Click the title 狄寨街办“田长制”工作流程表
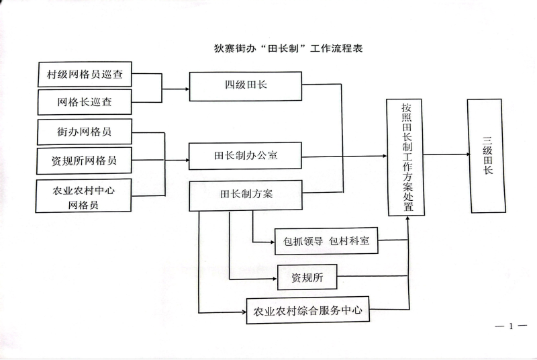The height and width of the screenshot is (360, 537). [287, 49]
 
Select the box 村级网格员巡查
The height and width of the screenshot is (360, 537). [84, 74]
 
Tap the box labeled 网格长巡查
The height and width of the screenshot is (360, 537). [84, 103]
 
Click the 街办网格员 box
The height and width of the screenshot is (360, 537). [84, 132]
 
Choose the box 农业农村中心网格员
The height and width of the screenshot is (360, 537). [84, 197]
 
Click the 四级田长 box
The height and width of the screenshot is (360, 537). [246, 85]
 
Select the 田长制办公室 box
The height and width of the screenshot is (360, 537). [246, 156]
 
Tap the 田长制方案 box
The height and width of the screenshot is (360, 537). [246, 195]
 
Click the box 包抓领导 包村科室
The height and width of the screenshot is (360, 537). [327, 242]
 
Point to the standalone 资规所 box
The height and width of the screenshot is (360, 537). [307, 276]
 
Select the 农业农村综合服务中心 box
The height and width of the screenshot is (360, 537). [308, 311]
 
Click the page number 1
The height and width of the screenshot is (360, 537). [511, 326]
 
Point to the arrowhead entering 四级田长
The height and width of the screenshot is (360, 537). [186, 88]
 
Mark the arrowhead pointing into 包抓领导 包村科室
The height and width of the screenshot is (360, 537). [272, 242]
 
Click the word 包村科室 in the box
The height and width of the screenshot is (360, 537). [354, 242]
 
